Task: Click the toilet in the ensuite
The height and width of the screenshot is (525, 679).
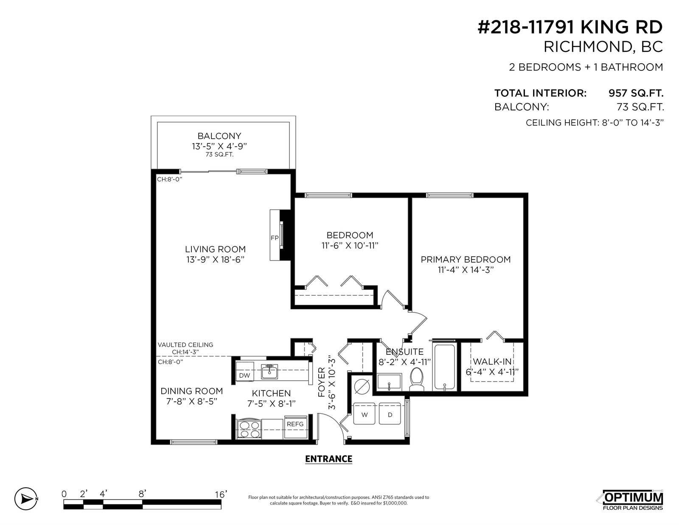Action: [x=416, y=379]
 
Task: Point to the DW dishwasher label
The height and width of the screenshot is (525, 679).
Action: [x=244, y=375]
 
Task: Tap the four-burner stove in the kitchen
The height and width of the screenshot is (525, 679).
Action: [x=249, y=429]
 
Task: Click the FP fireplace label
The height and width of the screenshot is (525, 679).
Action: [x=275, y=238]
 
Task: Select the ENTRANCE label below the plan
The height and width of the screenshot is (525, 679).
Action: [x=329, y=459]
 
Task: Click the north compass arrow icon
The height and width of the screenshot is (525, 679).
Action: [x=26, y=499]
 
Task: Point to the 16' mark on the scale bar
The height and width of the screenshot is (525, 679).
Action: [x=221, y=494]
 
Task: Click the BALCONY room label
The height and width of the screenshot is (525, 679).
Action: [x=219, y=136]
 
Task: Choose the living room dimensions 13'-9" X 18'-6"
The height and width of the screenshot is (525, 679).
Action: [x=215, y=260]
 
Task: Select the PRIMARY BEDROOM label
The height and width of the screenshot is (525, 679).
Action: [x=466, y=259]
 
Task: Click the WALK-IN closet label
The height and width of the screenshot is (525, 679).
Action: [x=492, y=362]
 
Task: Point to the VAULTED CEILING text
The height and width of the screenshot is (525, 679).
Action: [x=185, y=345]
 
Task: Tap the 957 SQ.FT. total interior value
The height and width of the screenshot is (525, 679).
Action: [x=636, y=93]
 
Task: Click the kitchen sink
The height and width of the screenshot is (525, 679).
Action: [x=269, y=371]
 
